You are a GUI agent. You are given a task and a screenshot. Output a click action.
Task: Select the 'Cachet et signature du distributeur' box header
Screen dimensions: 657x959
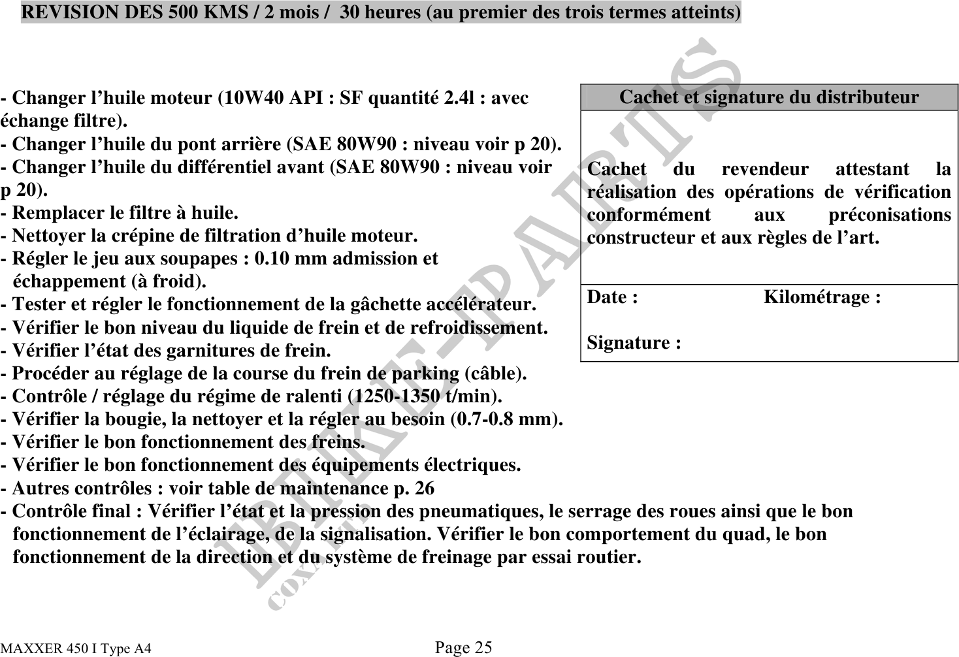(x=769, y=97)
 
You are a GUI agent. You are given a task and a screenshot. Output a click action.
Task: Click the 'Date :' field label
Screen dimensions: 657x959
(x=612, y=297)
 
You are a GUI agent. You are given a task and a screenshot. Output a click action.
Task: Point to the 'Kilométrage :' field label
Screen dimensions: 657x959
(x=822, y=297)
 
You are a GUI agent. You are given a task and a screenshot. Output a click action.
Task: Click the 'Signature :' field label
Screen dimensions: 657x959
(x=634, y=342)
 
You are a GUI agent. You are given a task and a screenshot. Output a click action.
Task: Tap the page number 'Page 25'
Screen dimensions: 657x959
(x=463, y=647)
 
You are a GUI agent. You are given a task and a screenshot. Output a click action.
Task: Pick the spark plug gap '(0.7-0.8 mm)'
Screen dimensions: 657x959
(x=506, y=419)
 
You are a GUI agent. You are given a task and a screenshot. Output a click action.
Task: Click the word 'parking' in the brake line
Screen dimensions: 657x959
(x=430, y=374)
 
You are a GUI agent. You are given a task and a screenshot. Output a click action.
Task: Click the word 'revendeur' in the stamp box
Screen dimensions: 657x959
(x=764, y=169)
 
